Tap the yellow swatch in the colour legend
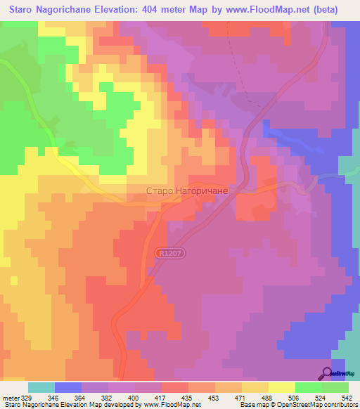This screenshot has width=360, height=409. (x=282, y=388)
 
